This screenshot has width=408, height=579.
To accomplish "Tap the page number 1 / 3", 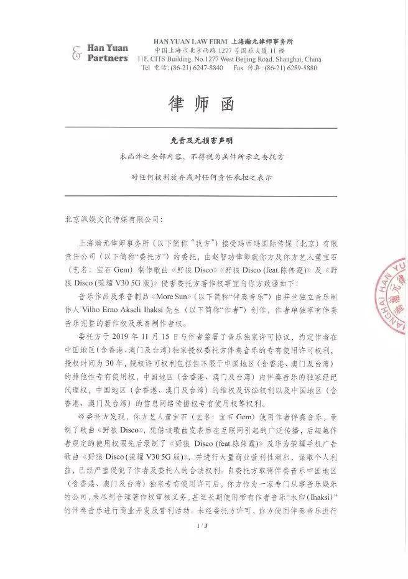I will click(x=202, y=562).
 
